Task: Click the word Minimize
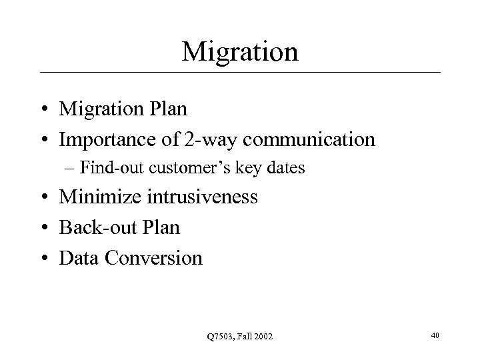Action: [x=97, y=197]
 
